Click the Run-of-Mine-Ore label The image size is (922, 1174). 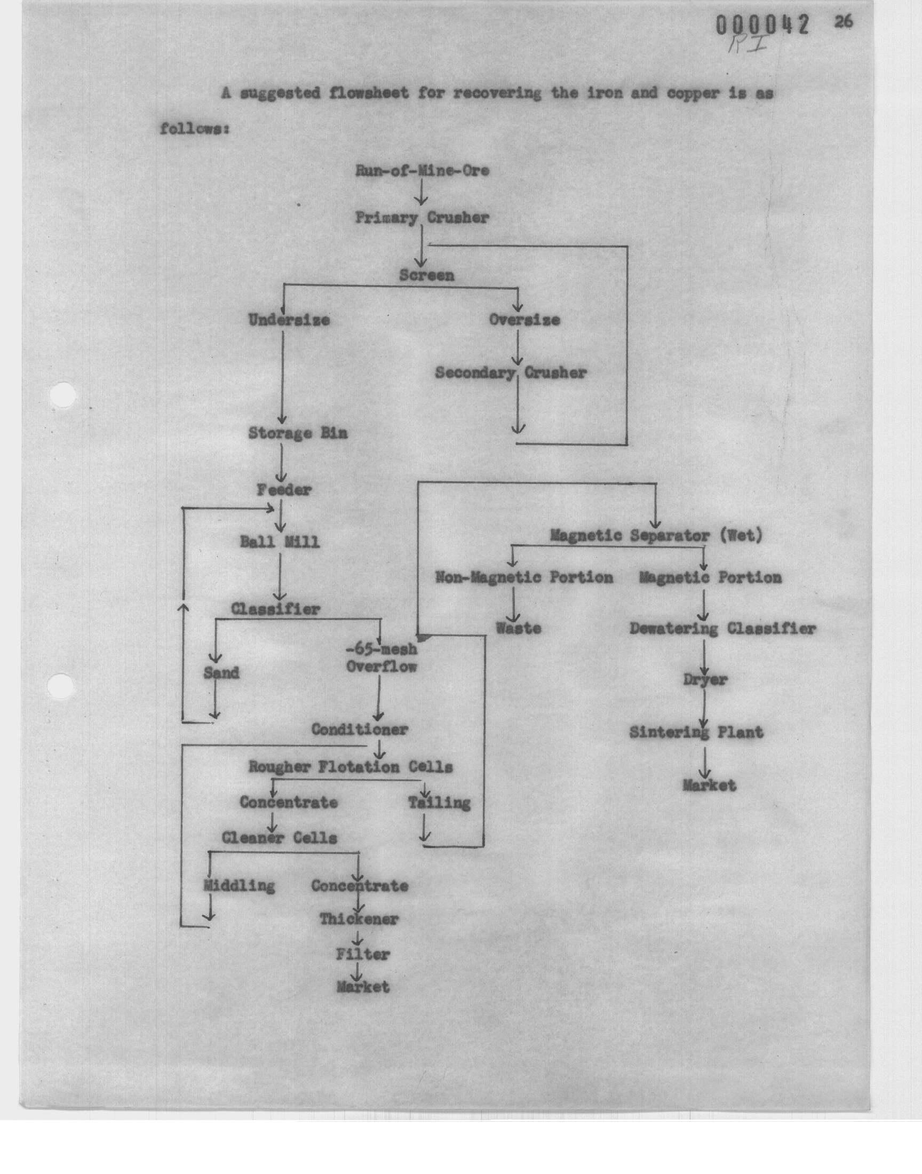422,171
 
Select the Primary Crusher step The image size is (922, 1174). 422,218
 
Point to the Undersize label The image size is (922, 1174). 289,320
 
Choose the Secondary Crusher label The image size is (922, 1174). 511,373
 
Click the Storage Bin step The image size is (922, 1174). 297,433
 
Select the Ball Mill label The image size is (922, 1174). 280,542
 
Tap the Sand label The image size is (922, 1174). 221,672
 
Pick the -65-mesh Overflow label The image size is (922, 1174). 381,658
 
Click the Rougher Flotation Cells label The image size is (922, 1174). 351,766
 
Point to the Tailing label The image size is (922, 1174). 439,803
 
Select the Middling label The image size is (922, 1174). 239,885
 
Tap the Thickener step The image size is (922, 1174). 359,919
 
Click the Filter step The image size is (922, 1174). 363,954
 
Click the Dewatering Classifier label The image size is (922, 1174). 722,628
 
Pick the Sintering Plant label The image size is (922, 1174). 696,732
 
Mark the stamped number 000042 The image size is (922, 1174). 763,26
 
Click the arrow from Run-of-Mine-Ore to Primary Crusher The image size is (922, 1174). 421,192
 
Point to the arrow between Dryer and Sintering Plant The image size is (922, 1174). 703,708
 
